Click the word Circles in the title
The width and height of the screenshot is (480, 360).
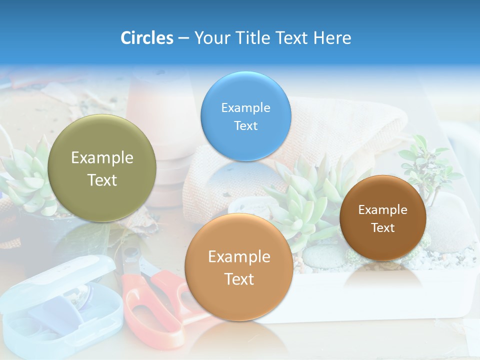146,38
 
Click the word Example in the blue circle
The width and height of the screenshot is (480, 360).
245,107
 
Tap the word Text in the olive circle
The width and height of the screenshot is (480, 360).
102,180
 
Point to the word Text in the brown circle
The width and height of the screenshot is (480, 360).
383,227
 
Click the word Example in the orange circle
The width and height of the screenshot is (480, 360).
239,257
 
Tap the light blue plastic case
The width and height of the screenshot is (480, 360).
55,305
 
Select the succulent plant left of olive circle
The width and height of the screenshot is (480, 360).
25,175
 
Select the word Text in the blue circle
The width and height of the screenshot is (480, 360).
245,125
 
